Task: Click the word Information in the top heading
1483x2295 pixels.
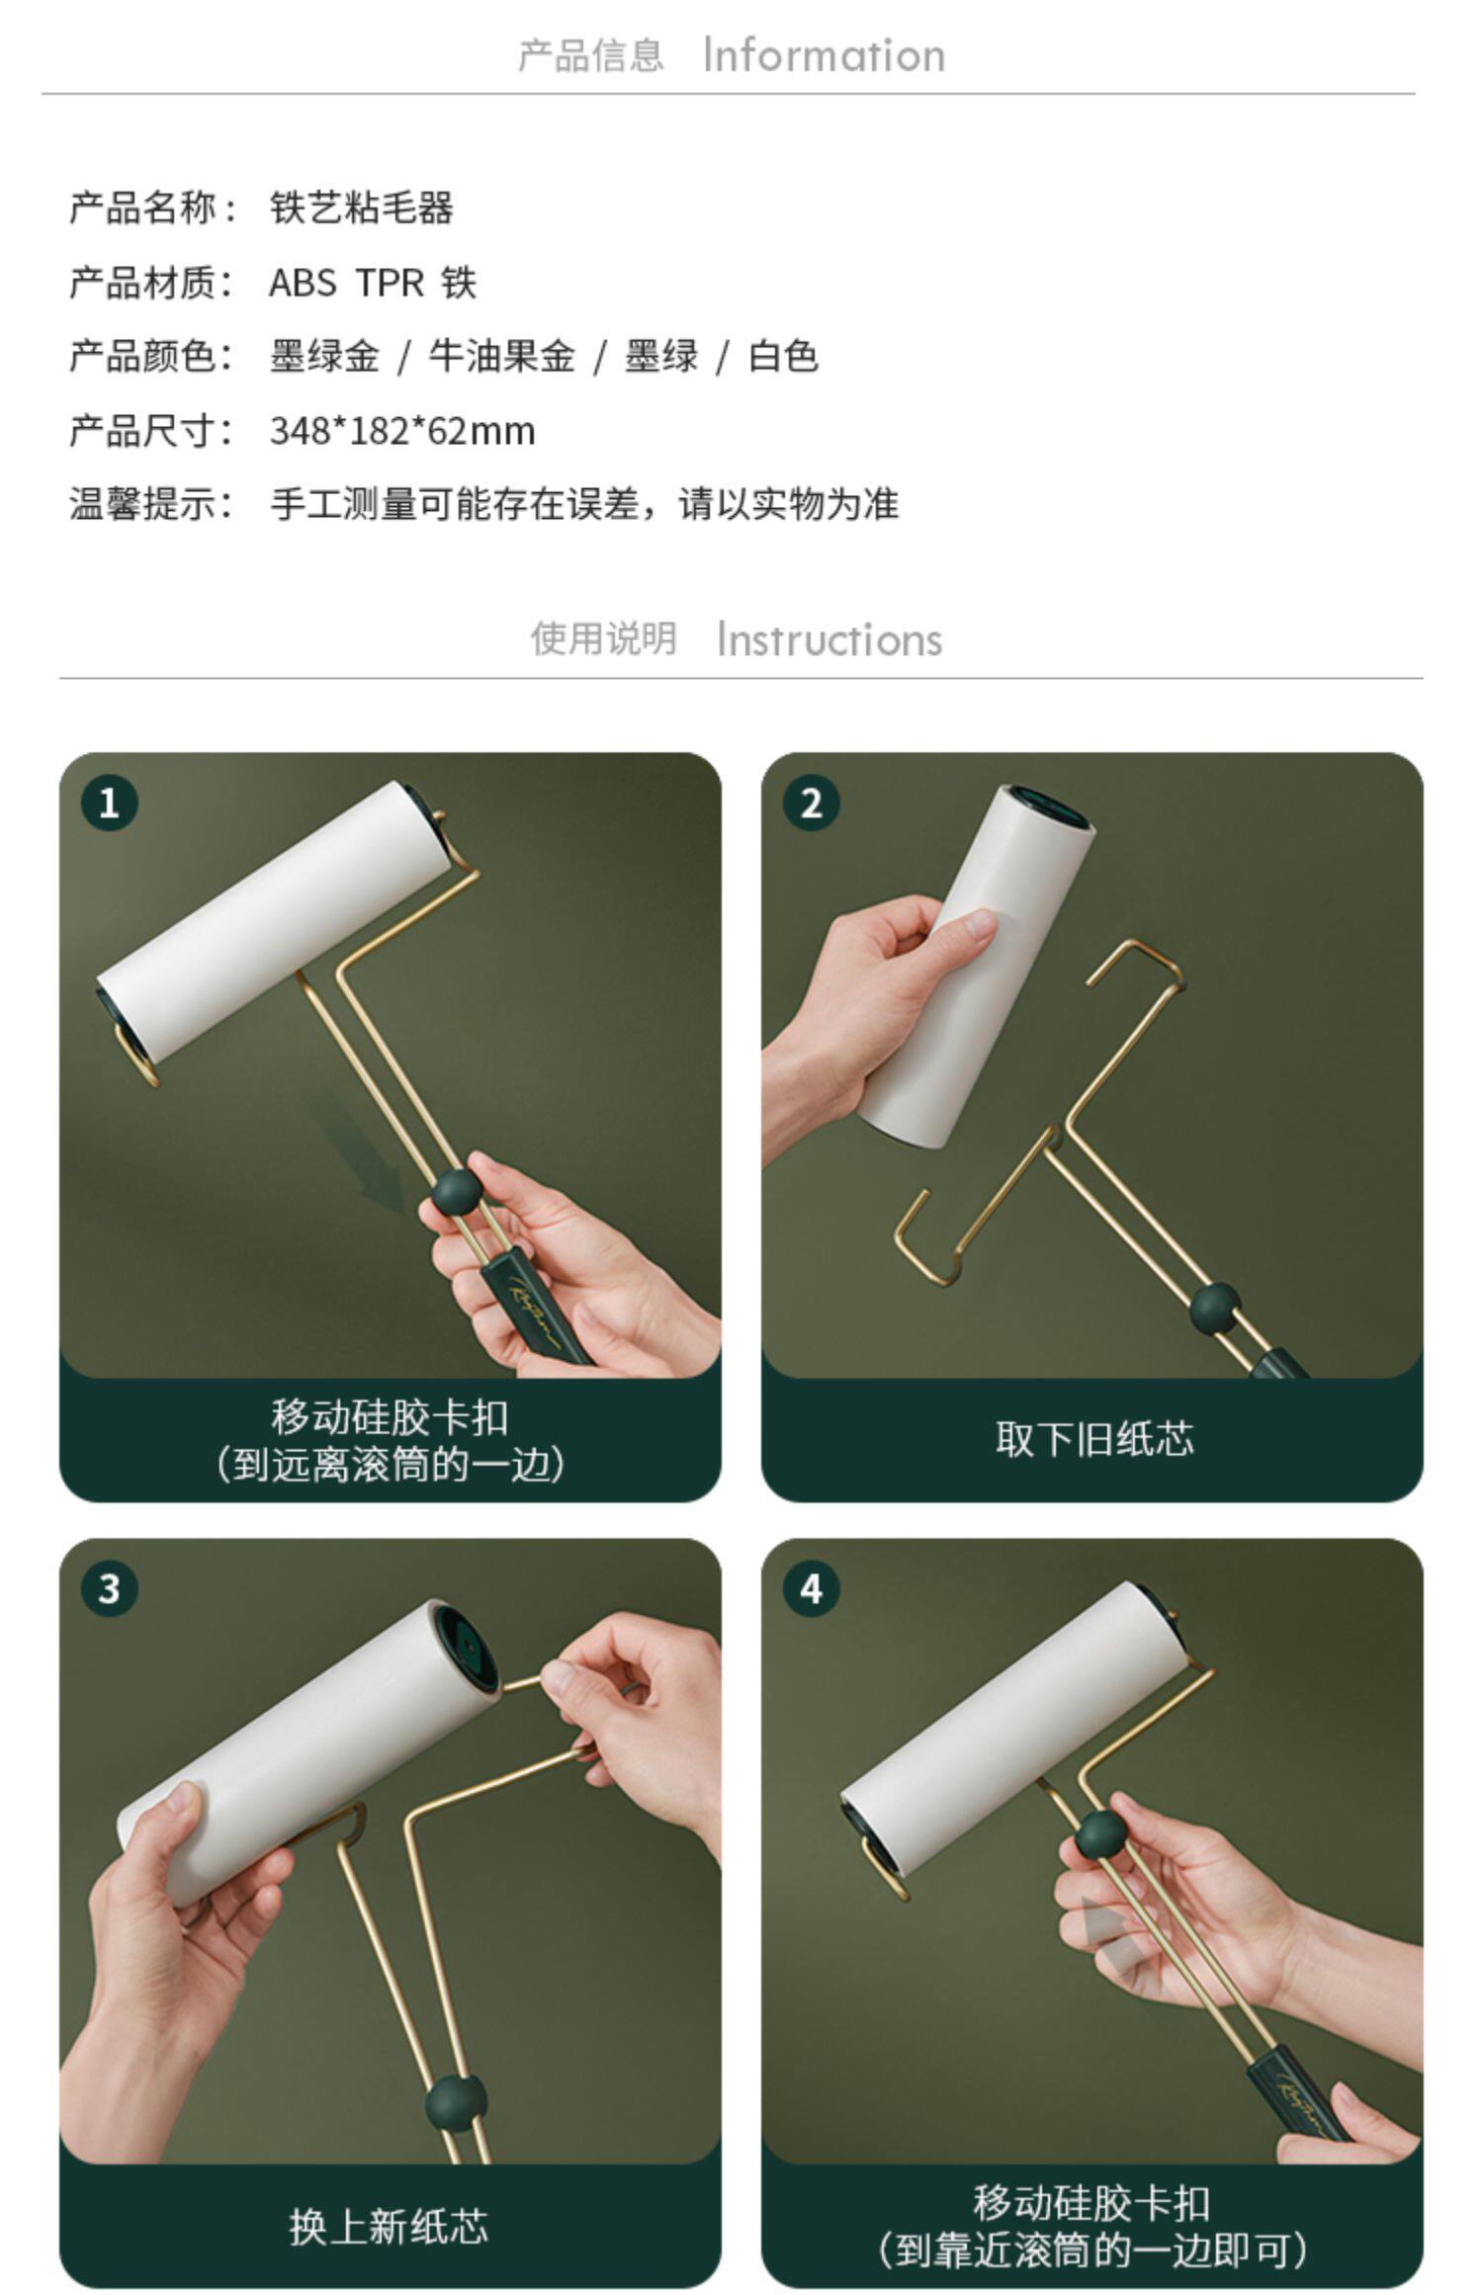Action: [824, 55]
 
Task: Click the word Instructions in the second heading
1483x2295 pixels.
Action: [829, 639]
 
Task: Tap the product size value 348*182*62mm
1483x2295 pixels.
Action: [402, 431]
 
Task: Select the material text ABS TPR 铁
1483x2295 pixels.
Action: [373, 283]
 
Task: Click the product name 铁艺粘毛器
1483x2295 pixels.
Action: [362, 208]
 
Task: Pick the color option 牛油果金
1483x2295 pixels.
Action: [501, 356]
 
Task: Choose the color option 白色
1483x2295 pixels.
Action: [783, 356]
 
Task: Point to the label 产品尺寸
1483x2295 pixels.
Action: [142, 431]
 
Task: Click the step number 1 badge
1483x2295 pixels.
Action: [109, 803]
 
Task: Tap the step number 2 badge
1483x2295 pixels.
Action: [811, 803]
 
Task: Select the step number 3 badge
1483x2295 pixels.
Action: [109, 1588]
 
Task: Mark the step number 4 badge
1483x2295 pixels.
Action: [811, 1588]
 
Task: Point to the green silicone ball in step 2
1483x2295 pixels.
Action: [1215, 1309]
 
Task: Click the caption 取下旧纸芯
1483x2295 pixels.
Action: [1094, 1439]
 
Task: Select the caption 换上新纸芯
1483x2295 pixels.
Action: [389, 2226]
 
